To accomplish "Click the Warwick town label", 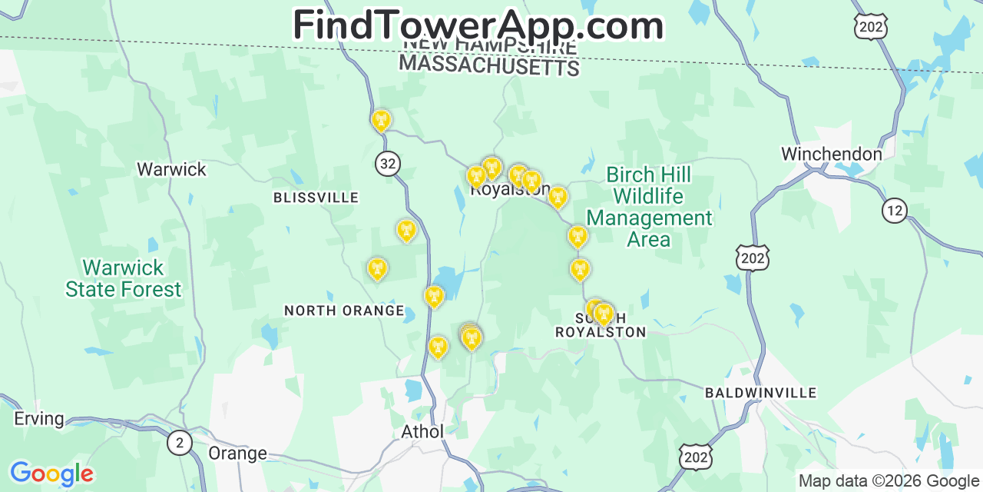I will coord(171,169).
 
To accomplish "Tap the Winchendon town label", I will coord(832,154).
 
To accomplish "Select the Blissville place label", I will coord(316,198).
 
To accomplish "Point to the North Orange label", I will coord(344,311).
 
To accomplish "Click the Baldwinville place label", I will coord(760,393).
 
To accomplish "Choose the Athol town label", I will coord(422,431).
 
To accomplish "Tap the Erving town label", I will coord(39,419).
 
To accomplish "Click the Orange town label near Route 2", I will coord(237,453).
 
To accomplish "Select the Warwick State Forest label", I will coord(124,278).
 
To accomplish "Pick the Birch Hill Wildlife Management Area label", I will coord(649,208).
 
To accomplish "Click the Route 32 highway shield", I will coord(388,163).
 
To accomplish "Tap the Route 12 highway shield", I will coord(895,211).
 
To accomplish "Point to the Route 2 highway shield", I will coord(180,443).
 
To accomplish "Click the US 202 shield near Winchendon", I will coord(752,258).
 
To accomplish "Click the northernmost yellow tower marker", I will coord(381,120).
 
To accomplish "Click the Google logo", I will coord(51,474).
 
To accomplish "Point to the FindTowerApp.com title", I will coord(478,25).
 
